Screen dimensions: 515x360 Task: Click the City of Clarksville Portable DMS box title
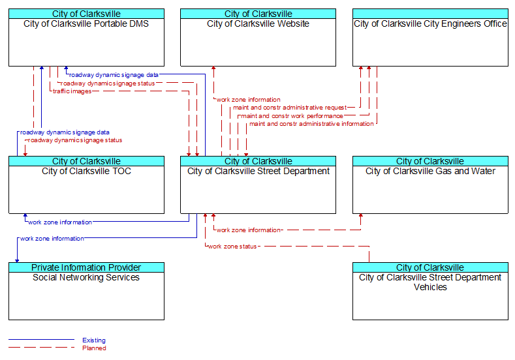click(x=86, y=23)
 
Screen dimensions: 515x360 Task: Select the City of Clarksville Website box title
click(x=258, y=23)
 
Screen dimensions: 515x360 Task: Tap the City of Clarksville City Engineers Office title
click(x=430, y=23)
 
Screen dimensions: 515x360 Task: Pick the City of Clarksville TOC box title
click(x=86, y=171)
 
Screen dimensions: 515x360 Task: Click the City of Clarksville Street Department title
click(x=258, y=171)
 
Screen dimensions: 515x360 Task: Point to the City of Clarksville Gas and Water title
click(x=430, y=171)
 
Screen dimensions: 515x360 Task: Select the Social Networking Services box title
click(x=86, y=277)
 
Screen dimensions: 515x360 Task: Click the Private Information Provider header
click(x=86, y=267)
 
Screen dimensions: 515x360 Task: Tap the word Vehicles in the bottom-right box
click(x=430, y=287)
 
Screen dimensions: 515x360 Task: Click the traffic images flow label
click(x=72, y=91)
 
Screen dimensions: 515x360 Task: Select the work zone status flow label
click(x=232, y=247)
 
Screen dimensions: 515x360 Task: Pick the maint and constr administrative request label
click(x=290, y=108)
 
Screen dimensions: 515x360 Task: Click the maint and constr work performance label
click(x=292, y=116)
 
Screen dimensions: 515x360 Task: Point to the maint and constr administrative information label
click(x=311, y=124)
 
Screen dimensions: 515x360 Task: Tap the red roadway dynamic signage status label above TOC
click(x=75, y=140)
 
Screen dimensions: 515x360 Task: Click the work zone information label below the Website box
click(x=248, y=99)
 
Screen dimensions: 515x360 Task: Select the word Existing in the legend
click(x=94, y=340)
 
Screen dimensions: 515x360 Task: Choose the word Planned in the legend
click(x=94, y=348)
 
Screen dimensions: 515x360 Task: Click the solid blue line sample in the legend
click(x=41, y=340)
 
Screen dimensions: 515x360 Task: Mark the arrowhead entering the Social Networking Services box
click(x=17, y=261)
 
